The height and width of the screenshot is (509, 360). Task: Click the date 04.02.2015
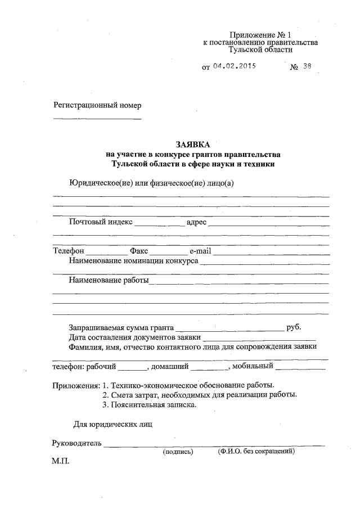(235, 66)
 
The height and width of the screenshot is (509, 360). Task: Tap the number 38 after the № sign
(307, 66)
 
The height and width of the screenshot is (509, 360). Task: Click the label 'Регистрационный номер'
(97, 105)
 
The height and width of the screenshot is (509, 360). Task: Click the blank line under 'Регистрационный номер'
(97, 119)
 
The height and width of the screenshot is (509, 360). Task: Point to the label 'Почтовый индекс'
(101, 222)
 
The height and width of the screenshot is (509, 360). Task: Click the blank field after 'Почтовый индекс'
(159, 224)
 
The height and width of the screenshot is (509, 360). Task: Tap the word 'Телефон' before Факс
(69, 251)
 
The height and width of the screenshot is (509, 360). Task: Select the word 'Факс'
(138, 251)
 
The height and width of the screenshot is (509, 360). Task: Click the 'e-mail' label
(200, 251)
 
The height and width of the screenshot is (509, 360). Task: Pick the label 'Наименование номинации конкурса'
(133, 261)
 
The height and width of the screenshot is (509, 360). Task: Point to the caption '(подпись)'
(178, 452)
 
